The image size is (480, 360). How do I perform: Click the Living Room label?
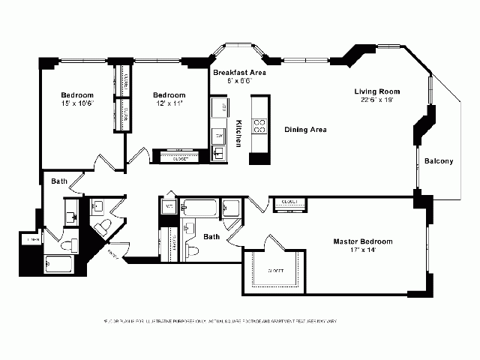point(373,91)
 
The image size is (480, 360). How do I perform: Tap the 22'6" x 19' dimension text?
point(373,100)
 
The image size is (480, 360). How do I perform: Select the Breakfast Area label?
point(238,73)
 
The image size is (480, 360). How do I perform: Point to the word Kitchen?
point(238,132)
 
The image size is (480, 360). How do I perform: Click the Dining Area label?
point(305,130)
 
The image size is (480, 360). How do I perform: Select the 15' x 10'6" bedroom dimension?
point(76,103)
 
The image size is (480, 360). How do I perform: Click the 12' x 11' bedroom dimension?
point(169,103)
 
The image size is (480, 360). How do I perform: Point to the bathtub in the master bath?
point(202,207)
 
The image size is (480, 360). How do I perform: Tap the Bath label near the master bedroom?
point(212,237)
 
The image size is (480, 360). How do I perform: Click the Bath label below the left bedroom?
point(59,181)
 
